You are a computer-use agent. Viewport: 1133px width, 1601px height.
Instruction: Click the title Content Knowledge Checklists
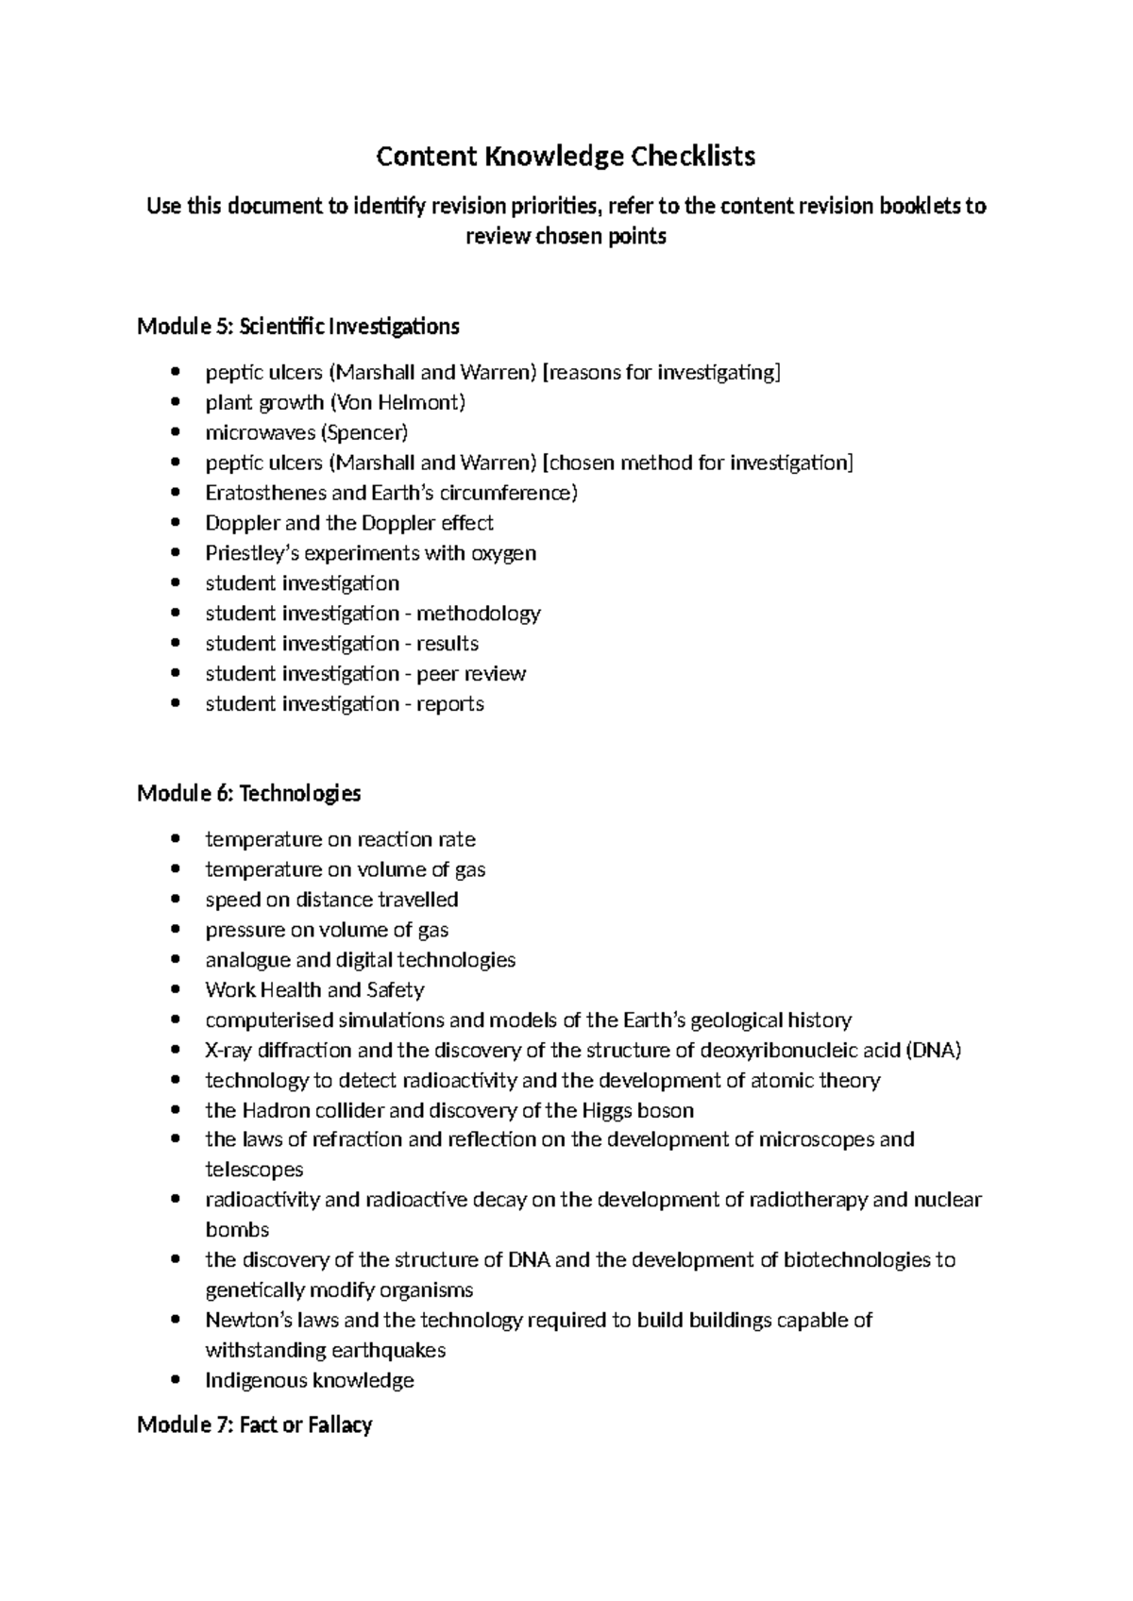566,156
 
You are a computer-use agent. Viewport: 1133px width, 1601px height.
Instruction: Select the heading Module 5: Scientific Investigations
298,327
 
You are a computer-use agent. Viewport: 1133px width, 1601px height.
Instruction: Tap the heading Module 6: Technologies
249,793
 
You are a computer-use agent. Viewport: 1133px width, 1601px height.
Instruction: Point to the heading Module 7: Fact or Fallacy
255,1424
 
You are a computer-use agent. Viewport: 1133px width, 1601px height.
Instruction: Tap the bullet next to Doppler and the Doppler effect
176,524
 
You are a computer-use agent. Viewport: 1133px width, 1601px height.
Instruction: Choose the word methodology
479,614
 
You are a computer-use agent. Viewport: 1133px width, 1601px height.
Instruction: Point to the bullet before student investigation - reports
176,705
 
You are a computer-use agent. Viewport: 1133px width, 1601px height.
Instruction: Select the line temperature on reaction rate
340,839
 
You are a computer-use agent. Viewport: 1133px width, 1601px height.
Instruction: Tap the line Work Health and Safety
314,990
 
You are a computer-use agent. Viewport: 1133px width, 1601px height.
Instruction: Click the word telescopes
254,1170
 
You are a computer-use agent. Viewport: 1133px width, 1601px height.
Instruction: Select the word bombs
237,1230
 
